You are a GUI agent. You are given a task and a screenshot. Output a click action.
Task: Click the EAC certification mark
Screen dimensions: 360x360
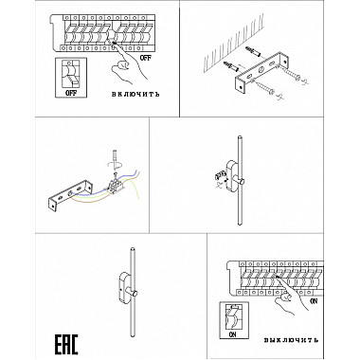[x=66, y=344]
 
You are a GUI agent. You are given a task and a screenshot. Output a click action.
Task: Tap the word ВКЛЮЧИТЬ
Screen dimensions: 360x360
[x=135, y=94]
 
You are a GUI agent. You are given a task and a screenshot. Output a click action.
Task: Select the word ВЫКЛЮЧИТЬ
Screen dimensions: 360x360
[x=291, y=340]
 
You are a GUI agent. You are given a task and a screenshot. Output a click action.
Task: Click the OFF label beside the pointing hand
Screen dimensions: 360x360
[x=145, y=58]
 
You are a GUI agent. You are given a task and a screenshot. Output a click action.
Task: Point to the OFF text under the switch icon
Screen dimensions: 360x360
[x=71, y=93]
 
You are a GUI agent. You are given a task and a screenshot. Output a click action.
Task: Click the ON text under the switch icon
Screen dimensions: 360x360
[x=233, y=334]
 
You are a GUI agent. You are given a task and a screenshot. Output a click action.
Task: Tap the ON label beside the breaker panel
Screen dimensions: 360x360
[x=314, y=301]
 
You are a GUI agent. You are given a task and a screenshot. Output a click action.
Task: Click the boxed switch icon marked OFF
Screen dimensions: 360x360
[x=71, y=78]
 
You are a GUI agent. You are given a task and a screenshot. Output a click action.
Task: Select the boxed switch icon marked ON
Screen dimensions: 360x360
[x=234, y=320]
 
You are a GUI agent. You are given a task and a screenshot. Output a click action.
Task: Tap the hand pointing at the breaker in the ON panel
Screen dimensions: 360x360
[x=291, y=297]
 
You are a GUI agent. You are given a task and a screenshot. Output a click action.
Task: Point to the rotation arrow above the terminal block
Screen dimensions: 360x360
[x=116, y=165]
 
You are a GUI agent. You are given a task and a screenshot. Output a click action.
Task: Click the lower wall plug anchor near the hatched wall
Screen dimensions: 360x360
[x=231, y=66]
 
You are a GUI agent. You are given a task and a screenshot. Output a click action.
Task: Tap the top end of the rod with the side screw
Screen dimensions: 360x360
[x=240, y=137]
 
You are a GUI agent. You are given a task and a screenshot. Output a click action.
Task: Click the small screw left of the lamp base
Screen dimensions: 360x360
[x=221, y=174]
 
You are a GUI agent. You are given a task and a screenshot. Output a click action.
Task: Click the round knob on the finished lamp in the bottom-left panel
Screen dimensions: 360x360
[x=135, y=294]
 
